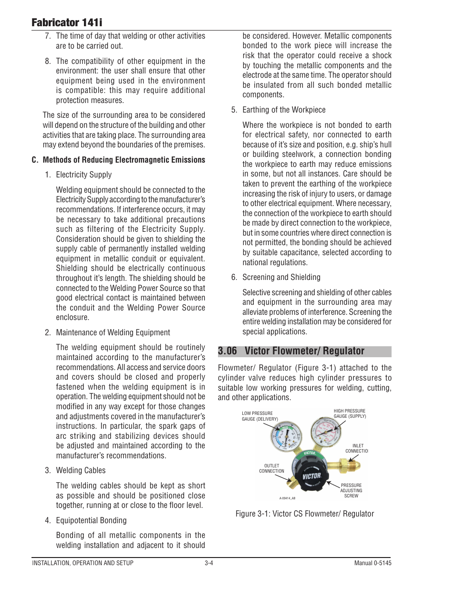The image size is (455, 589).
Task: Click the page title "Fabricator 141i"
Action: [x=67, y=22]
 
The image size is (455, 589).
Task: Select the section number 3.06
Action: [x=227, y=351]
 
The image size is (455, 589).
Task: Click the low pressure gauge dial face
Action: [x=286, y=435]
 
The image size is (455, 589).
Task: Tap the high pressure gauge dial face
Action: [x=326, y=431]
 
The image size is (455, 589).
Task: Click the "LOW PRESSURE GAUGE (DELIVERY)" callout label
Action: [x=259, y=416]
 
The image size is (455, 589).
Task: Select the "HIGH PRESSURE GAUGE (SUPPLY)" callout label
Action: [x=350, y=413]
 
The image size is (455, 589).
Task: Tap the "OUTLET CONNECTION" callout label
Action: [x=271, y=468]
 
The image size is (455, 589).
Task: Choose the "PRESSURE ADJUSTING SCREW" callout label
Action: [x=351, y=491]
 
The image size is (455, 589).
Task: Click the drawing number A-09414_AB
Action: [x=287, y=498]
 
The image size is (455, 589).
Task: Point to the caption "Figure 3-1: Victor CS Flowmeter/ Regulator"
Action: [x=304, y=514]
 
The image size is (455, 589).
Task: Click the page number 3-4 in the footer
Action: [x=209, y=563]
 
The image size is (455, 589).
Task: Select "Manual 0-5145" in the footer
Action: [x=372, y=563]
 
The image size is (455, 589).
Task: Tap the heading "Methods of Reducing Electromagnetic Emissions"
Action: [x=124, y=160]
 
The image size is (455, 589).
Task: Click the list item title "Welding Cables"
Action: [x=81, y=471]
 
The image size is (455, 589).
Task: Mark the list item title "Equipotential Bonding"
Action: [x=91, y=521]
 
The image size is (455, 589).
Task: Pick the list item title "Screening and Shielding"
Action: [x=281, y=278]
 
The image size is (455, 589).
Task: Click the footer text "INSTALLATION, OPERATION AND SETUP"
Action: [x=83, y=563]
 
